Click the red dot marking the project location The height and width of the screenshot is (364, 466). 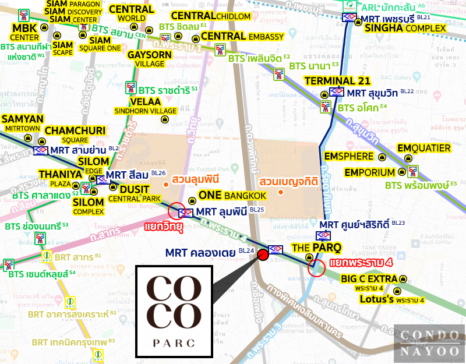point(263,254)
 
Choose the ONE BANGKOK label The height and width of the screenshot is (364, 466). point(232,195)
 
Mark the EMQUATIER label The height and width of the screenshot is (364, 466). point(424,149)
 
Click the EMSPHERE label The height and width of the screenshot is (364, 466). point(348,157)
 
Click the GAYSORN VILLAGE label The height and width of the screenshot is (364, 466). point(146,58)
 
